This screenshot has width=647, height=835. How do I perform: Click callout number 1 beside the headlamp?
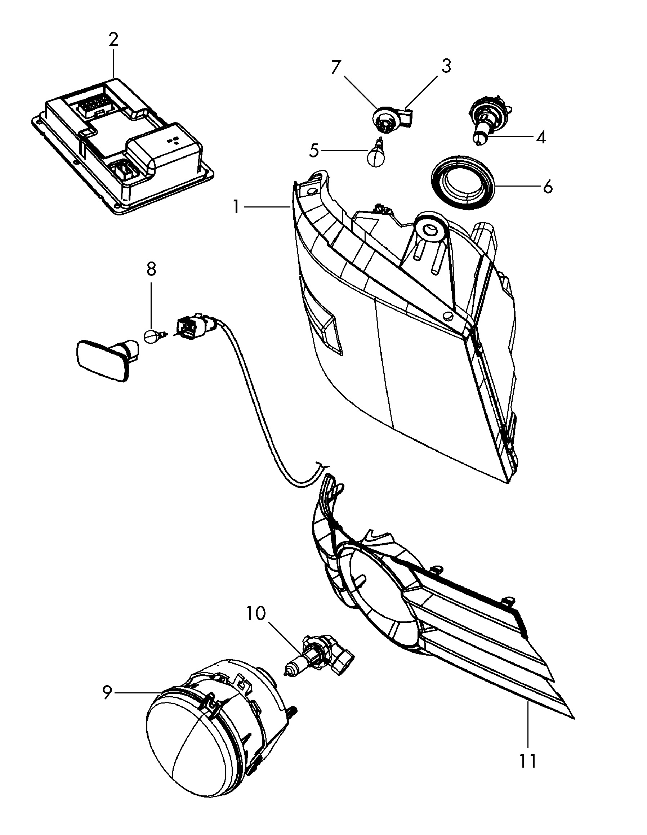(237, 207)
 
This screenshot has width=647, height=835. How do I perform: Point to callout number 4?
(541, 137)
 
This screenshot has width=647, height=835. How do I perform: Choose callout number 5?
(313, 151)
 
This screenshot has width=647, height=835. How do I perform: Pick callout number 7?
(335, 68)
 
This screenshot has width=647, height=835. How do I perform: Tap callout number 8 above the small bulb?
(151, 269)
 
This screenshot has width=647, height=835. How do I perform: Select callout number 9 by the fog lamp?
(108, 692)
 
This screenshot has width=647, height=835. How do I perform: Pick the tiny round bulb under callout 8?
(151, 337)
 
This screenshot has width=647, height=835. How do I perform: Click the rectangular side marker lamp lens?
(101, 361)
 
